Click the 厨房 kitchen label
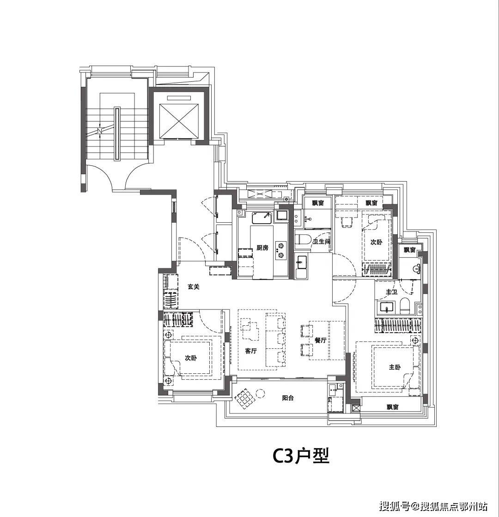pos(262,248)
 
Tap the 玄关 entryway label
pos(194,287)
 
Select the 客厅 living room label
pos(251,351)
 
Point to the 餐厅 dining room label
pos(320,340)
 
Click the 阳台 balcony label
pos(288,398)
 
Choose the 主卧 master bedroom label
pos(395,367)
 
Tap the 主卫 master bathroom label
pos(391,292)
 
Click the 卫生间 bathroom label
pos(321,242)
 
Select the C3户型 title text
pos(301,456)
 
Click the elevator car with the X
pos(179,121)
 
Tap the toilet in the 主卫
pos(404,306)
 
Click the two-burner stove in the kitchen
pos(281,250)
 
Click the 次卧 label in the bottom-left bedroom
pos(191,358)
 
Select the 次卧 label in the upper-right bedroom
pos(376,242)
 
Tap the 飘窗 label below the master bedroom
pos(392,407)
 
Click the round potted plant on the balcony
pos(260,393)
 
